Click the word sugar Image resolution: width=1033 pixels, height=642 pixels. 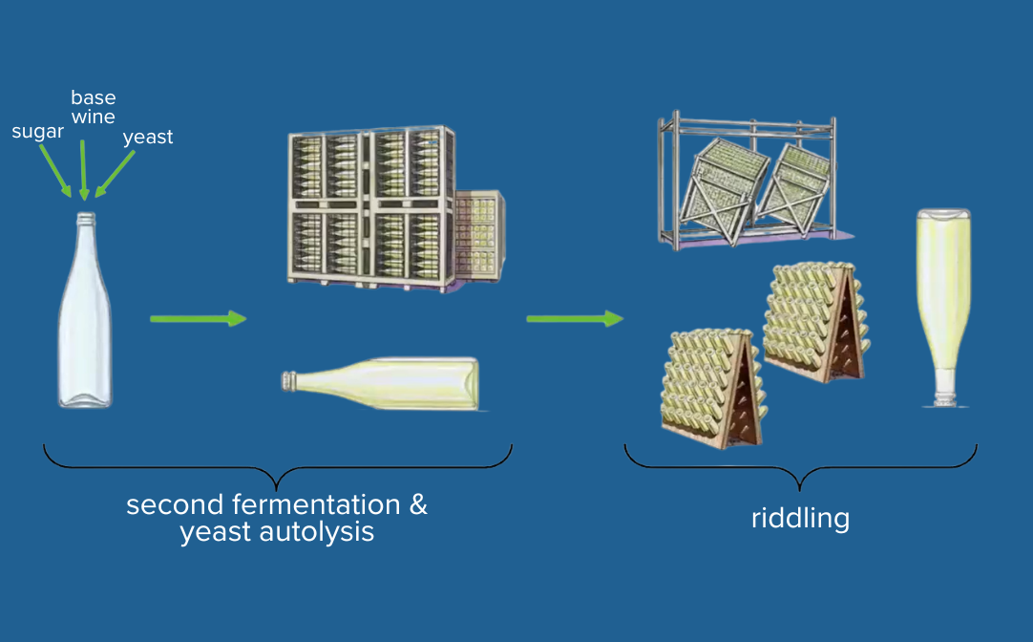point(36,132)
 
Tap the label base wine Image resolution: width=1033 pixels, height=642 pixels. point(93,107)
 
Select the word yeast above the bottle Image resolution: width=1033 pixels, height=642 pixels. point(148,138)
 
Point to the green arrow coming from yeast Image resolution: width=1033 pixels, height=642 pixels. point(116,174)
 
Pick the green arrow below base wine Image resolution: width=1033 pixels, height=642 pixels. point(84,169)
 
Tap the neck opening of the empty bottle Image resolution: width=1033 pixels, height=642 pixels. point(86,217)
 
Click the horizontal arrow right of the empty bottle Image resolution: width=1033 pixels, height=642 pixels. point(198,318)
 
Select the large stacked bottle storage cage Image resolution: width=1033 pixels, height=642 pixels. point(370,207)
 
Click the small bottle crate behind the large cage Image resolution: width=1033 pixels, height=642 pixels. point(480,236)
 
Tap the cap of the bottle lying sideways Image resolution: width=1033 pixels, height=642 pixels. point(287,382)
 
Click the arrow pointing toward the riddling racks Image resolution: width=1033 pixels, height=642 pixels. point(574,318)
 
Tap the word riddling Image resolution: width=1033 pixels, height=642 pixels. point(800,519)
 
